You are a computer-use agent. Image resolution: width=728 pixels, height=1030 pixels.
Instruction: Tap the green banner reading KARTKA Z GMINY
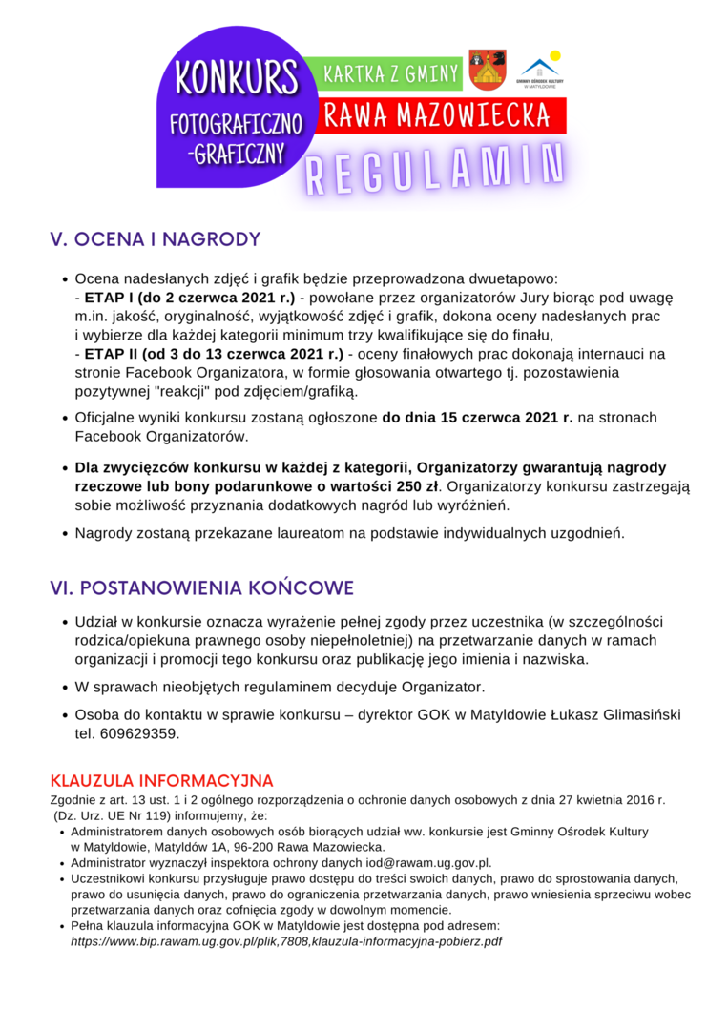click(x=391, y=73)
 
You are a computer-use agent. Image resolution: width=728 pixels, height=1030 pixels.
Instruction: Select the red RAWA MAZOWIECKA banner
click(x=437, y=115)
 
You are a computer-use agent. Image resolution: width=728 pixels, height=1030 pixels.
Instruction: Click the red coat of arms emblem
click(x=488, y=70)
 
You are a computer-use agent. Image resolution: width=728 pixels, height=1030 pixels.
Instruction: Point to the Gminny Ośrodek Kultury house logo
click(x=540, y=70)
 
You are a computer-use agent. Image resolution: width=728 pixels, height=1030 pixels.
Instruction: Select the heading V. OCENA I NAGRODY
click(x=155, y=239)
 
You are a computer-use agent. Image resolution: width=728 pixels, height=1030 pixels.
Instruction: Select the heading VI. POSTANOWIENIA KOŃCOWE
click(x=201, y=587)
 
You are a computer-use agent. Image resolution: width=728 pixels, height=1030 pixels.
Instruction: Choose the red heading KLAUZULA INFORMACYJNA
click(x=161, y=781)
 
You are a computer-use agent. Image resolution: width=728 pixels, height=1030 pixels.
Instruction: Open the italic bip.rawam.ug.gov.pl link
click(x=286, y=941)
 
